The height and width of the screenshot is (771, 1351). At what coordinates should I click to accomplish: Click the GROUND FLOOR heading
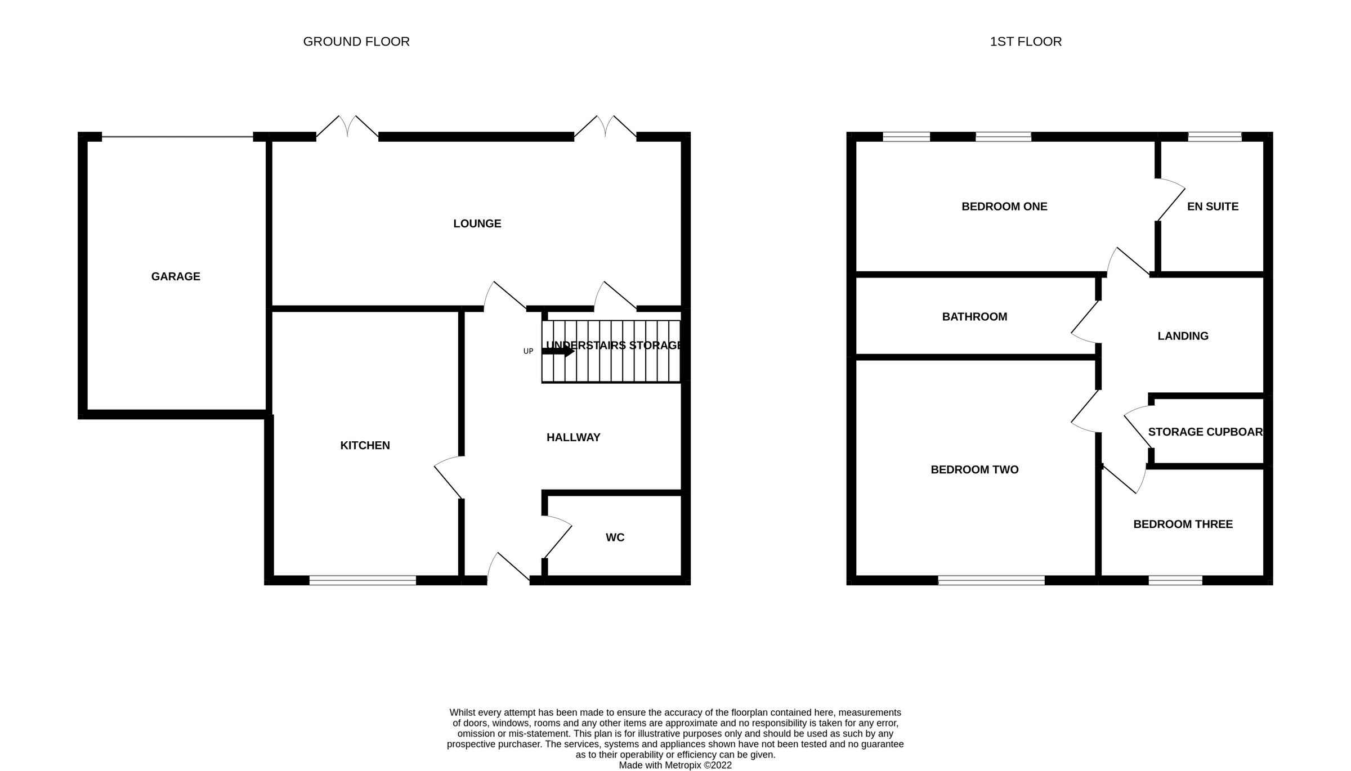pyautogui.click(x=356, y=42)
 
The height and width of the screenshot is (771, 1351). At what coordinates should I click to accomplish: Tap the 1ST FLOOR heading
pyautogui.click(x=1026, y=42)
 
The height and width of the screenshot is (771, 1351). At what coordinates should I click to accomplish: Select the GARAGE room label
pyautogui.click(x=176, y=276)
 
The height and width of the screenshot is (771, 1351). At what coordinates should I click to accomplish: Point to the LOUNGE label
pyautogui.click(x=477, y=223)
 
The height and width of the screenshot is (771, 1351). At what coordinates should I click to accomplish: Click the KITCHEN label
pyautogui.click(x=365, y=445)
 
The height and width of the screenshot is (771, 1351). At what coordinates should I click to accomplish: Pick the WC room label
pyautogui.click(x=615, y=537)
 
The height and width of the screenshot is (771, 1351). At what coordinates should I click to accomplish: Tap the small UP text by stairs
pyautogui.click(x=528, y=351)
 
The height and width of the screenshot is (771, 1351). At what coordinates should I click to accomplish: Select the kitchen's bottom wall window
pyautogui.click(x=363, y=580)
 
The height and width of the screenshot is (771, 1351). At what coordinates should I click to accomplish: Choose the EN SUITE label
pyautogui.click(x=1213, y=207)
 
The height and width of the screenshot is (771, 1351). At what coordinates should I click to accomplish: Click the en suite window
pyautogui.click(x=1214, y=137)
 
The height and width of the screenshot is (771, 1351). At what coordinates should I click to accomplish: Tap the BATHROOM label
pyautogui.click(x=974, y=317)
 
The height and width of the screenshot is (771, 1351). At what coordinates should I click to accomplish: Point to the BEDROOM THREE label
pyautogui.click(x=1183, y=525)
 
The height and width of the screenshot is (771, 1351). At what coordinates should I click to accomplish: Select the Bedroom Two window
pyautogui.click(x=991, y=580)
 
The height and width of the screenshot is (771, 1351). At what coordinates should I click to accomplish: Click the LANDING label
pyautogui.click(x=1183, y=336)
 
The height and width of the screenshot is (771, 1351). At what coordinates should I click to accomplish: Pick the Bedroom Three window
pyautogui.click(x=1175, y=580)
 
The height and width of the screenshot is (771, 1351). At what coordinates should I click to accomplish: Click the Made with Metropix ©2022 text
pyautogui.click(x=675, y=765)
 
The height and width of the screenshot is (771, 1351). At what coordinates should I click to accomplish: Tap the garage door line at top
pyautogui.click(x=177, y=137)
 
